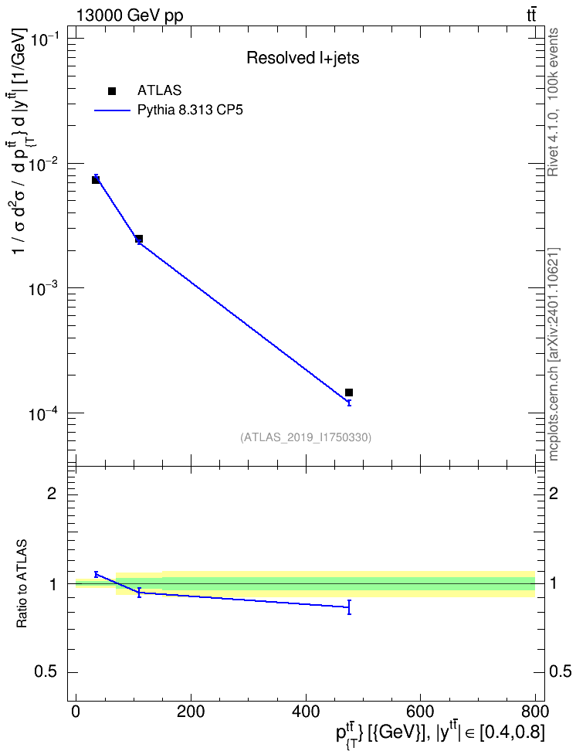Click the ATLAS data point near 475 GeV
click(349, 392)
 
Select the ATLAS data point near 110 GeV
click(139, 239)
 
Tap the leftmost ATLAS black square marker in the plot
click(96, 179)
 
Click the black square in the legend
click(112, 91)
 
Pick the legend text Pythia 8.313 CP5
click(190, 110)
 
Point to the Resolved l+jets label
click(303, 58)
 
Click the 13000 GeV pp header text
click(129, 15)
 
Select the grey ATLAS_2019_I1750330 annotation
click(306, 437)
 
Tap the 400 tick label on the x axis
click(306, 711)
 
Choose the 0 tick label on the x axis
click(76, 711)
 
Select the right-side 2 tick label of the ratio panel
click(554, 493)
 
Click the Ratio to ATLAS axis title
click(22, 584)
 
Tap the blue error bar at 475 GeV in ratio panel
click(349, 607)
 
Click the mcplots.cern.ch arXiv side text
click(554, 355)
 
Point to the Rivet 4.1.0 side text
click(553, 103)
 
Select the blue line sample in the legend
click(112, 110)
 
